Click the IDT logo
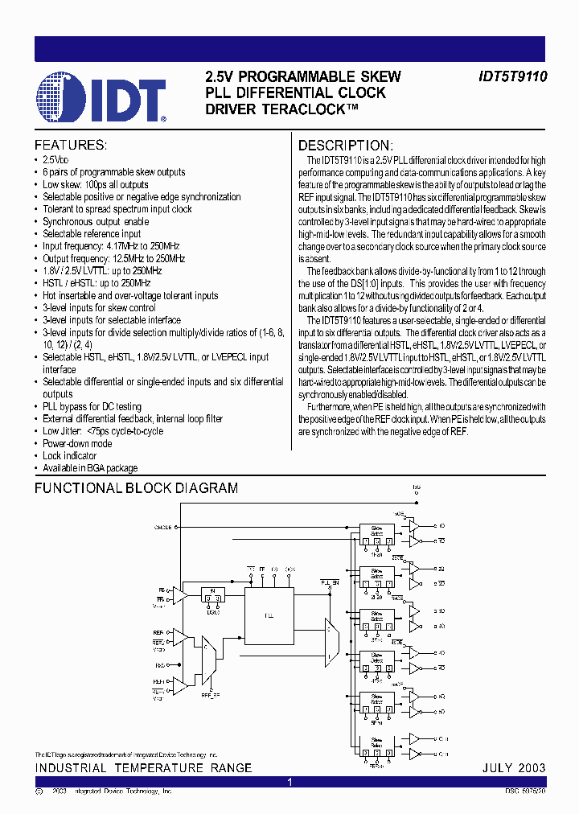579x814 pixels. pyautogui.click(x=101, y=97)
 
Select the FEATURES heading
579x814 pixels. pyautogui.click(x=70, y=146)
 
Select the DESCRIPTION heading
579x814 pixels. pyautogui.click(x=345, y=146)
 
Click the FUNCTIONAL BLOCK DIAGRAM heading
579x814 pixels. pyautogui.click(x=136, y=488)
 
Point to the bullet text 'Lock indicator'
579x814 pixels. pyautogui.click(x=69, y=456)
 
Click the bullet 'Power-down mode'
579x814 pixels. pyautogui.click(x=77, y=444)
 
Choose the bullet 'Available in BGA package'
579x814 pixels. pyautogui.click(x=90, y=468)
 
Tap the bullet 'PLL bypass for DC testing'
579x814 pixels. pyautogui.click(x=92, y=407)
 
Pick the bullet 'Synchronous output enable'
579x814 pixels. pyautogui.click(x=96, y=221)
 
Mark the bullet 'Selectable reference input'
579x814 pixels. pyautogui.click(x=92, y=233)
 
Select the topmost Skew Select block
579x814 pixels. pyautogui.click(x=376, y=529)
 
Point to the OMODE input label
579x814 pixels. pyautogui.click(x=163, y=527)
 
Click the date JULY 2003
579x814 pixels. pyautogui.click(x=513, y=768)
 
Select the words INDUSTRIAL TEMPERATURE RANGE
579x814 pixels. pyautogui.click(x=143, y=768)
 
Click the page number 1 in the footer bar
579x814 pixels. pyautogui.click(x=289, y=782)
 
